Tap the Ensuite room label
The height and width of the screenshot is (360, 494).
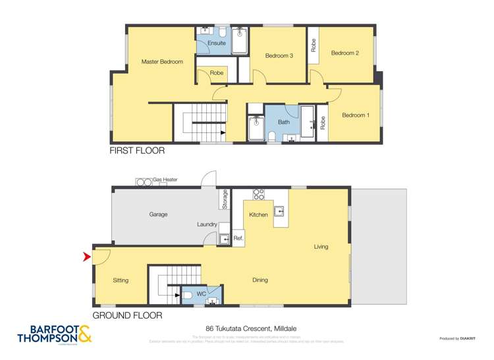click(217, 43)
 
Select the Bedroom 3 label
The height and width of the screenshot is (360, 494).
click(279, 56)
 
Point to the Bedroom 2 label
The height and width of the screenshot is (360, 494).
click(344, 53)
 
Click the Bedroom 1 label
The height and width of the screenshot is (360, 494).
click(355, 116)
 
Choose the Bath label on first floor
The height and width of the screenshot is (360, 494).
click(283, 122)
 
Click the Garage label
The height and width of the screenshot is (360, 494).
click(158, 215)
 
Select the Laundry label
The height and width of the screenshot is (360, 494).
click(207, 224)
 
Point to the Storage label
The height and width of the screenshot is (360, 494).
click(225, 199)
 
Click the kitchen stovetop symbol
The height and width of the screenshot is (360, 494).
click(259, 195)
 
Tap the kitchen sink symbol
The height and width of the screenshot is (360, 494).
click(279, 212)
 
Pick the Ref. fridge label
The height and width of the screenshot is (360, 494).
click(238, 238)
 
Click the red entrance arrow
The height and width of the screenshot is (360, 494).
click(86, 257)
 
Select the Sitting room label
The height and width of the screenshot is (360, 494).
click(121, 280)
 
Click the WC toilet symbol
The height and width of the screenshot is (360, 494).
click(187, 294)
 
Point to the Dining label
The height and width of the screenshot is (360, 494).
click(260, 280)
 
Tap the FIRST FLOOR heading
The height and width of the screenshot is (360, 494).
click(137, 151)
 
